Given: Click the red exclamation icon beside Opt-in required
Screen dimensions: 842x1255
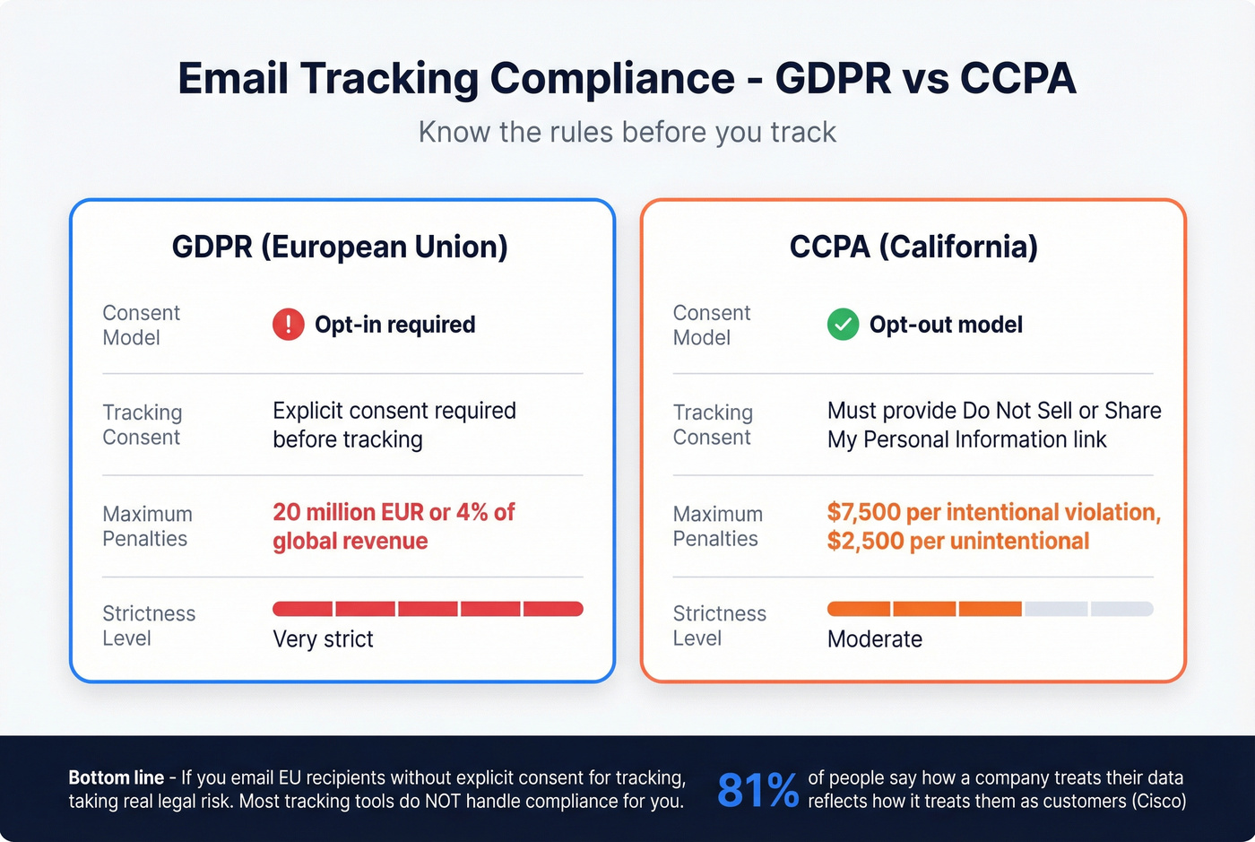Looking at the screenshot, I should click(288, 325).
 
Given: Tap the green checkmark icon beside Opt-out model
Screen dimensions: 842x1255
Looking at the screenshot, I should click(843, 325).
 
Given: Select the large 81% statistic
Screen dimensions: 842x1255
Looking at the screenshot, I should click(757, 790).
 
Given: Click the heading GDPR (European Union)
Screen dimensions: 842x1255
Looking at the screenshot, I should click(340, 247).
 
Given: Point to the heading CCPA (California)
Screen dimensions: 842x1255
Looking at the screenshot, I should click(913, 247).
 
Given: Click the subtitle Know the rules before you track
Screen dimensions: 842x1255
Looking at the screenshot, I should click(627, 132).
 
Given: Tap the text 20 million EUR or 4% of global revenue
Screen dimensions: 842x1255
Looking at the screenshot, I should click(394, 526).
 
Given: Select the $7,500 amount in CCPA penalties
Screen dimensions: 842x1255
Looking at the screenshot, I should click(863, 512).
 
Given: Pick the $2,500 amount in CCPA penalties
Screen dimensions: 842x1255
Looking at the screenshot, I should click(863, 542).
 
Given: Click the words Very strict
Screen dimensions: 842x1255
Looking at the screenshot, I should click(323, 639).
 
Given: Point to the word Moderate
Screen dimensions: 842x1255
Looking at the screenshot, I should click(874, 639).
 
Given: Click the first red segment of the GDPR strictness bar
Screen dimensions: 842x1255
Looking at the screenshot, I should click(303, 609).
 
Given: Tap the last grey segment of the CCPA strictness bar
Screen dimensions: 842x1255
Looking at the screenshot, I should click(1121, 609).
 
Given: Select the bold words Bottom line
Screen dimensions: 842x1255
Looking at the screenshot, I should click(117, 777).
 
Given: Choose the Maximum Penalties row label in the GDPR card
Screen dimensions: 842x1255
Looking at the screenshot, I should click(147, 526).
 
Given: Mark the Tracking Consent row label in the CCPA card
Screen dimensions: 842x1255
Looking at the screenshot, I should click(713, 425).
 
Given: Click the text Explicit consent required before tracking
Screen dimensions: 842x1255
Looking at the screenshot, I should click(394, 425).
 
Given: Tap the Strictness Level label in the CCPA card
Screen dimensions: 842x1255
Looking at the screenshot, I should click(719, 626).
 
